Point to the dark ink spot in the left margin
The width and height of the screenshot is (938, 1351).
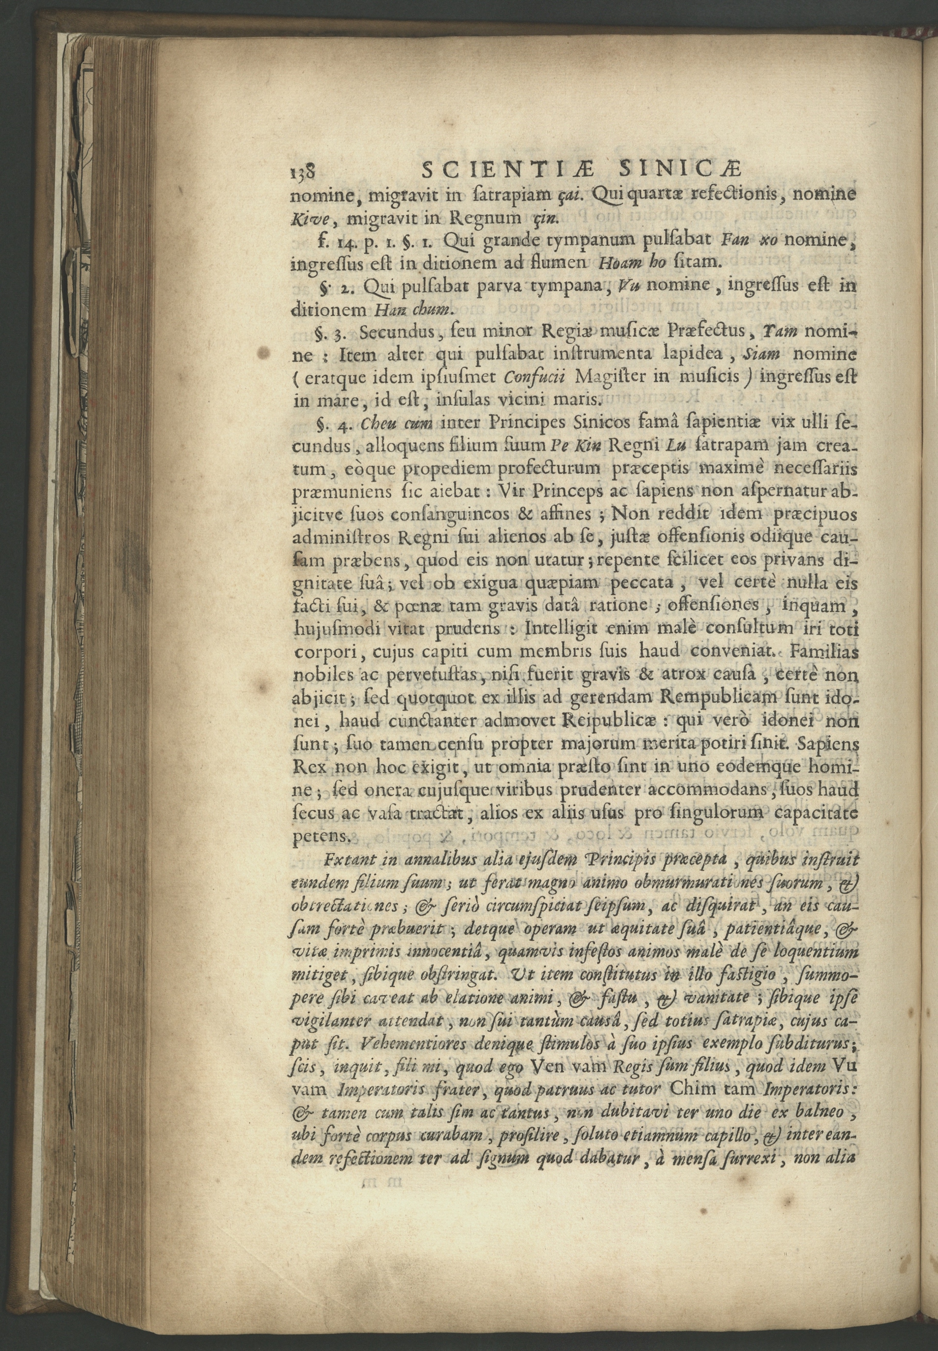pyautogui.click(x=264, y=353)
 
